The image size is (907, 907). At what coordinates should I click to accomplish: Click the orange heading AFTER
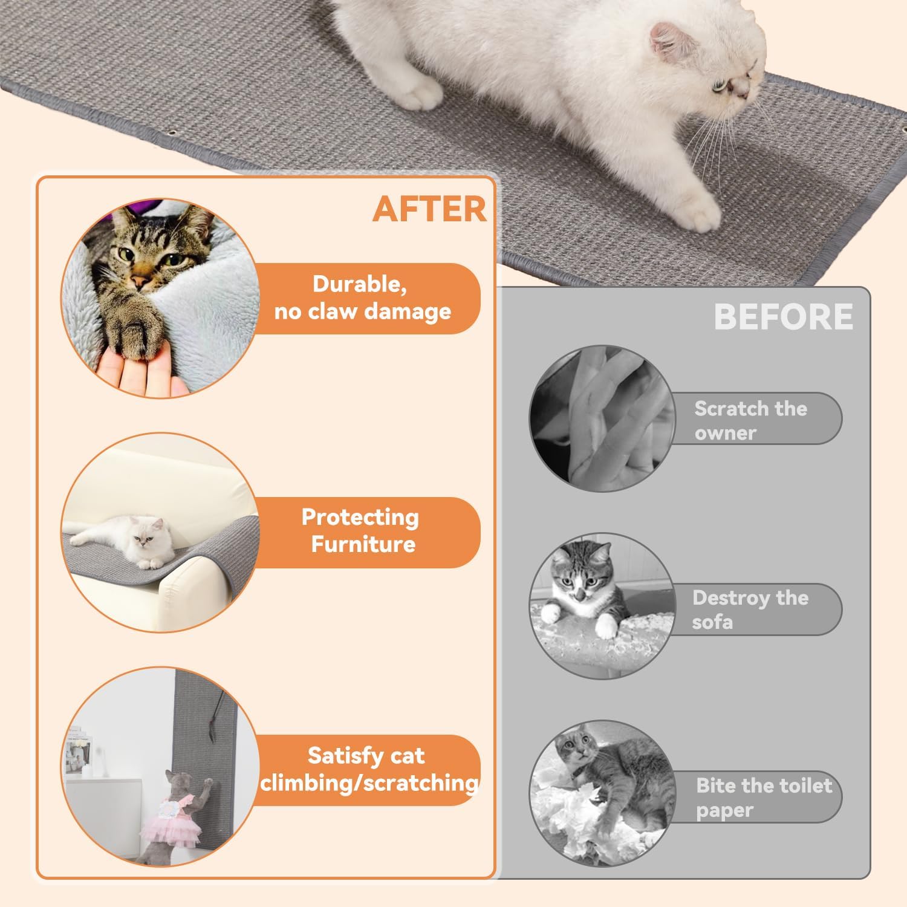(x=429, y=209)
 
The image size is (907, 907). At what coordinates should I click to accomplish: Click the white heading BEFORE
(x=784, y=316)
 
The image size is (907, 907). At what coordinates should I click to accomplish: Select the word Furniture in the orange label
(x=363, y=544)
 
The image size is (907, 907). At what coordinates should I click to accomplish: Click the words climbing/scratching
(x=369, y=783)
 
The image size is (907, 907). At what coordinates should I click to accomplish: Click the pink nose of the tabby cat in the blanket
(x=140, y=280)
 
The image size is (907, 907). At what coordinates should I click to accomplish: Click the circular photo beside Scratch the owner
(x=602, y=417)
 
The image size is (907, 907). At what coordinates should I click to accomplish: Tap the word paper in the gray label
(x=724, y=810)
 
